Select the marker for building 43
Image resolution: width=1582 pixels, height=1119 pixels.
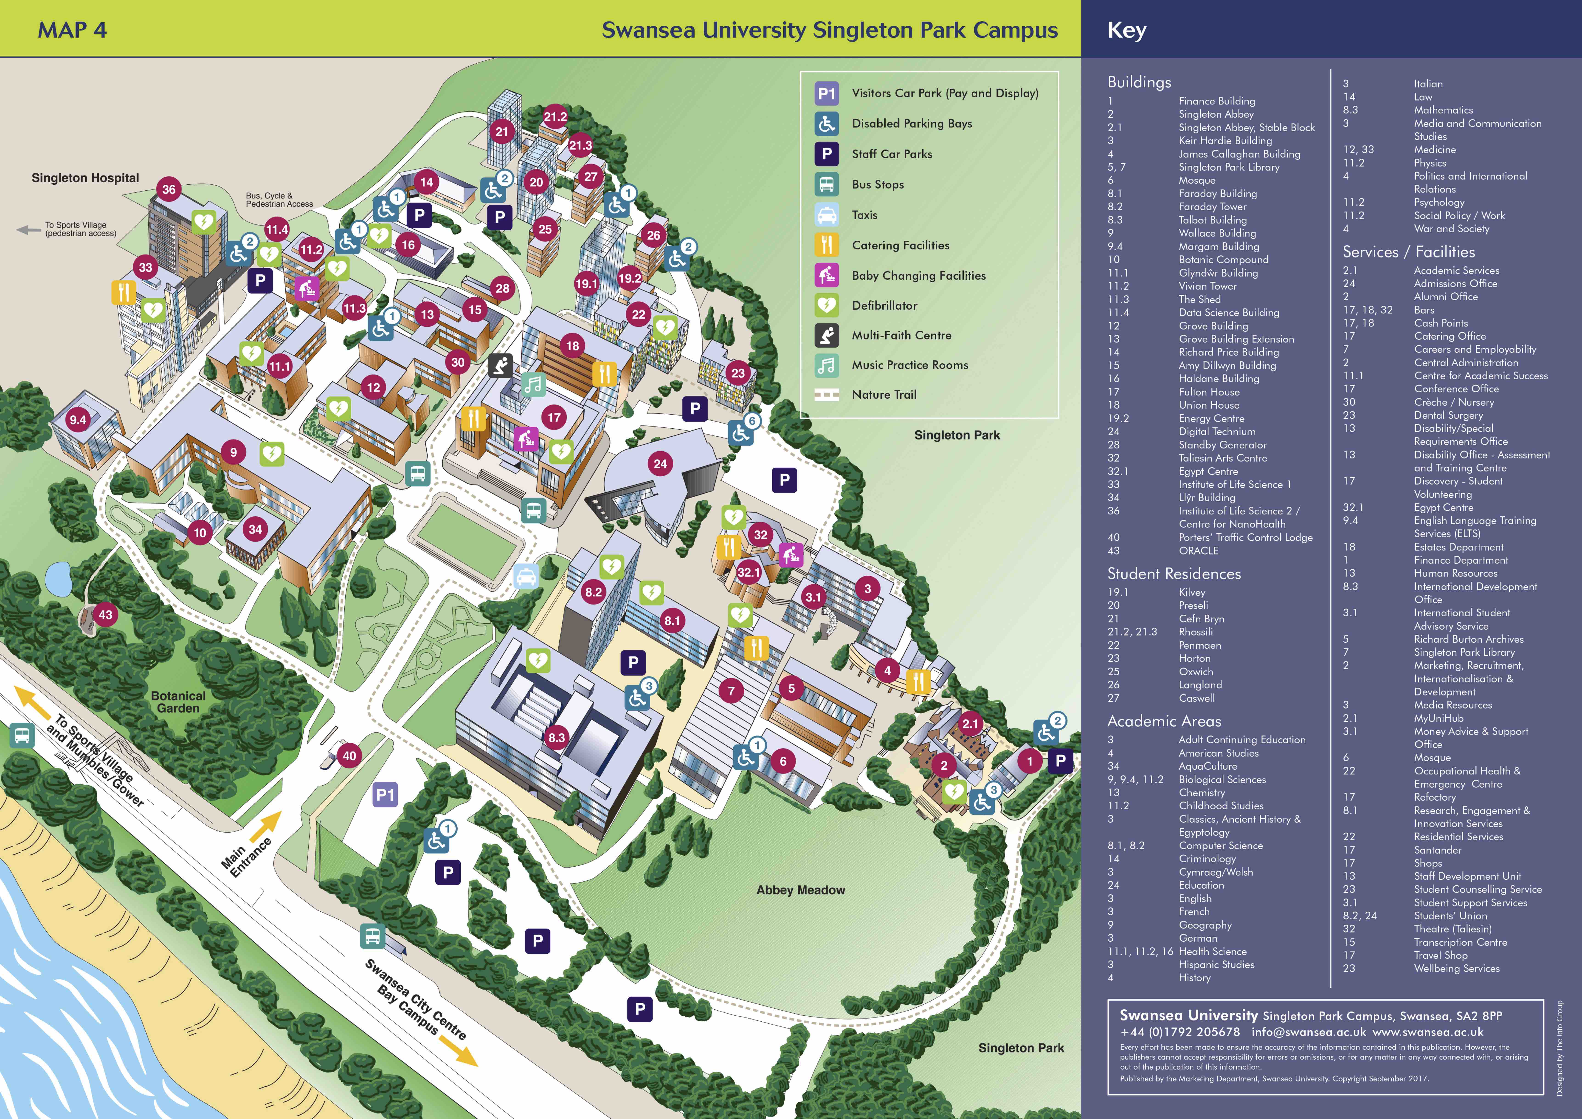tap(105, 615)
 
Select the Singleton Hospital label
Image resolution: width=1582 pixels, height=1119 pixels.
tap(85, 178)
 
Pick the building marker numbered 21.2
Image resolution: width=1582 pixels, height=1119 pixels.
tap(555, 116)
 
